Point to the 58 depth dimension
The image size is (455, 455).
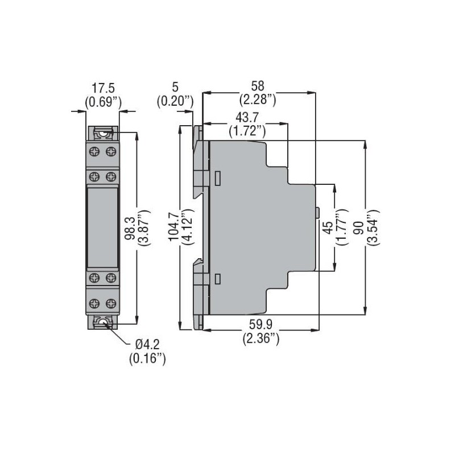258,86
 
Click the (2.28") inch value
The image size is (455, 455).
258,100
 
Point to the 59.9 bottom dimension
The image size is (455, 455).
261,325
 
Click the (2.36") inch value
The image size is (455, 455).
261,339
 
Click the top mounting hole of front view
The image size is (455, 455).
102,135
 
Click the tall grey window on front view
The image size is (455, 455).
102,227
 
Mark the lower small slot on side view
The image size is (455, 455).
218,279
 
